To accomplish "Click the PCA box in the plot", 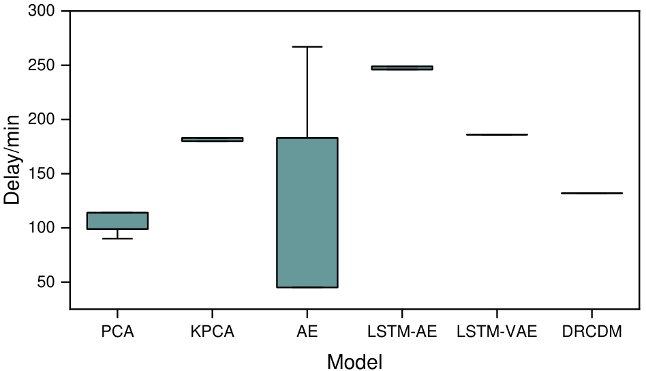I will (118, 221).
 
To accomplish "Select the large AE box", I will (307, 213).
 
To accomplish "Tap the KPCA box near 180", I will (213, 139).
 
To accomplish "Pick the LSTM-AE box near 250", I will (402, 68).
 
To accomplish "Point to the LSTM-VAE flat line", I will (497, 134).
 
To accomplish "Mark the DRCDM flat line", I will (591, 193).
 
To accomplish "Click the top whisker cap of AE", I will (307, 46).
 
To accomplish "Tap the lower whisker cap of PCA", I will (118, 239).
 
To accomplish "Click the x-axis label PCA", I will (118, 332).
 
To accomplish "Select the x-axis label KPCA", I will (213, 332).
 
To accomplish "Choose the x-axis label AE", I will (307, 332).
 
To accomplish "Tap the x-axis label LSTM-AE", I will (402, 332).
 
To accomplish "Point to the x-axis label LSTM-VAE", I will (497, 332).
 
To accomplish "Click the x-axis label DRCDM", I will (591, 332).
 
